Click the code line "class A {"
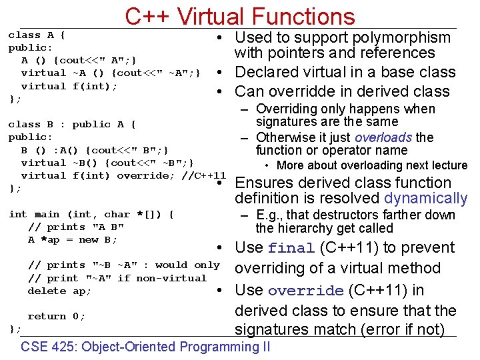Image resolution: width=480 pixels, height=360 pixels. click(x=36, y=35)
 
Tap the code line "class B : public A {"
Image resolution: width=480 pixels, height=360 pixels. click(x=72, y=124)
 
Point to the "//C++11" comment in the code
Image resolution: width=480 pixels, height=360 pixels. click(x=203, y=175)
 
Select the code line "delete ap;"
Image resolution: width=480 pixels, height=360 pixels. click(x=59, y=291)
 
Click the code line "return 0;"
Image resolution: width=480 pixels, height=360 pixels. click(x=56, y=316)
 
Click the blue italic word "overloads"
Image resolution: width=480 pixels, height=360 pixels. click(x=384, y=138)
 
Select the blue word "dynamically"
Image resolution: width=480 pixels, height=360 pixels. click(x=426, y=198)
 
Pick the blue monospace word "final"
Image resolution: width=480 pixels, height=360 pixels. click(x=291, y=248)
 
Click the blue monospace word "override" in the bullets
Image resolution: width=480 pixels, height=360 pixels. click(x=306, y=291)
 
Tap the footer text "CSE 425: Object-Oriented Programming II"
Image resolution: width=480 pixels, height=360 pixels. click(x=145, y=347)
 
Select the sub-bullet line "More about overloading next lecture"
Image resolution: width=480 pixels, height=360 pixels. click(x=372, y=165)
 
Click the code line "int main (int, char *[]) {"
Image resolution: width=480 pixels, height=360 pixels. click(x=91, y=214)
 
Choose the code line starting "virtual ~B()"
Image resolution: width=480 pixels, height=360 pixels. click(x=108, y=163)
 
